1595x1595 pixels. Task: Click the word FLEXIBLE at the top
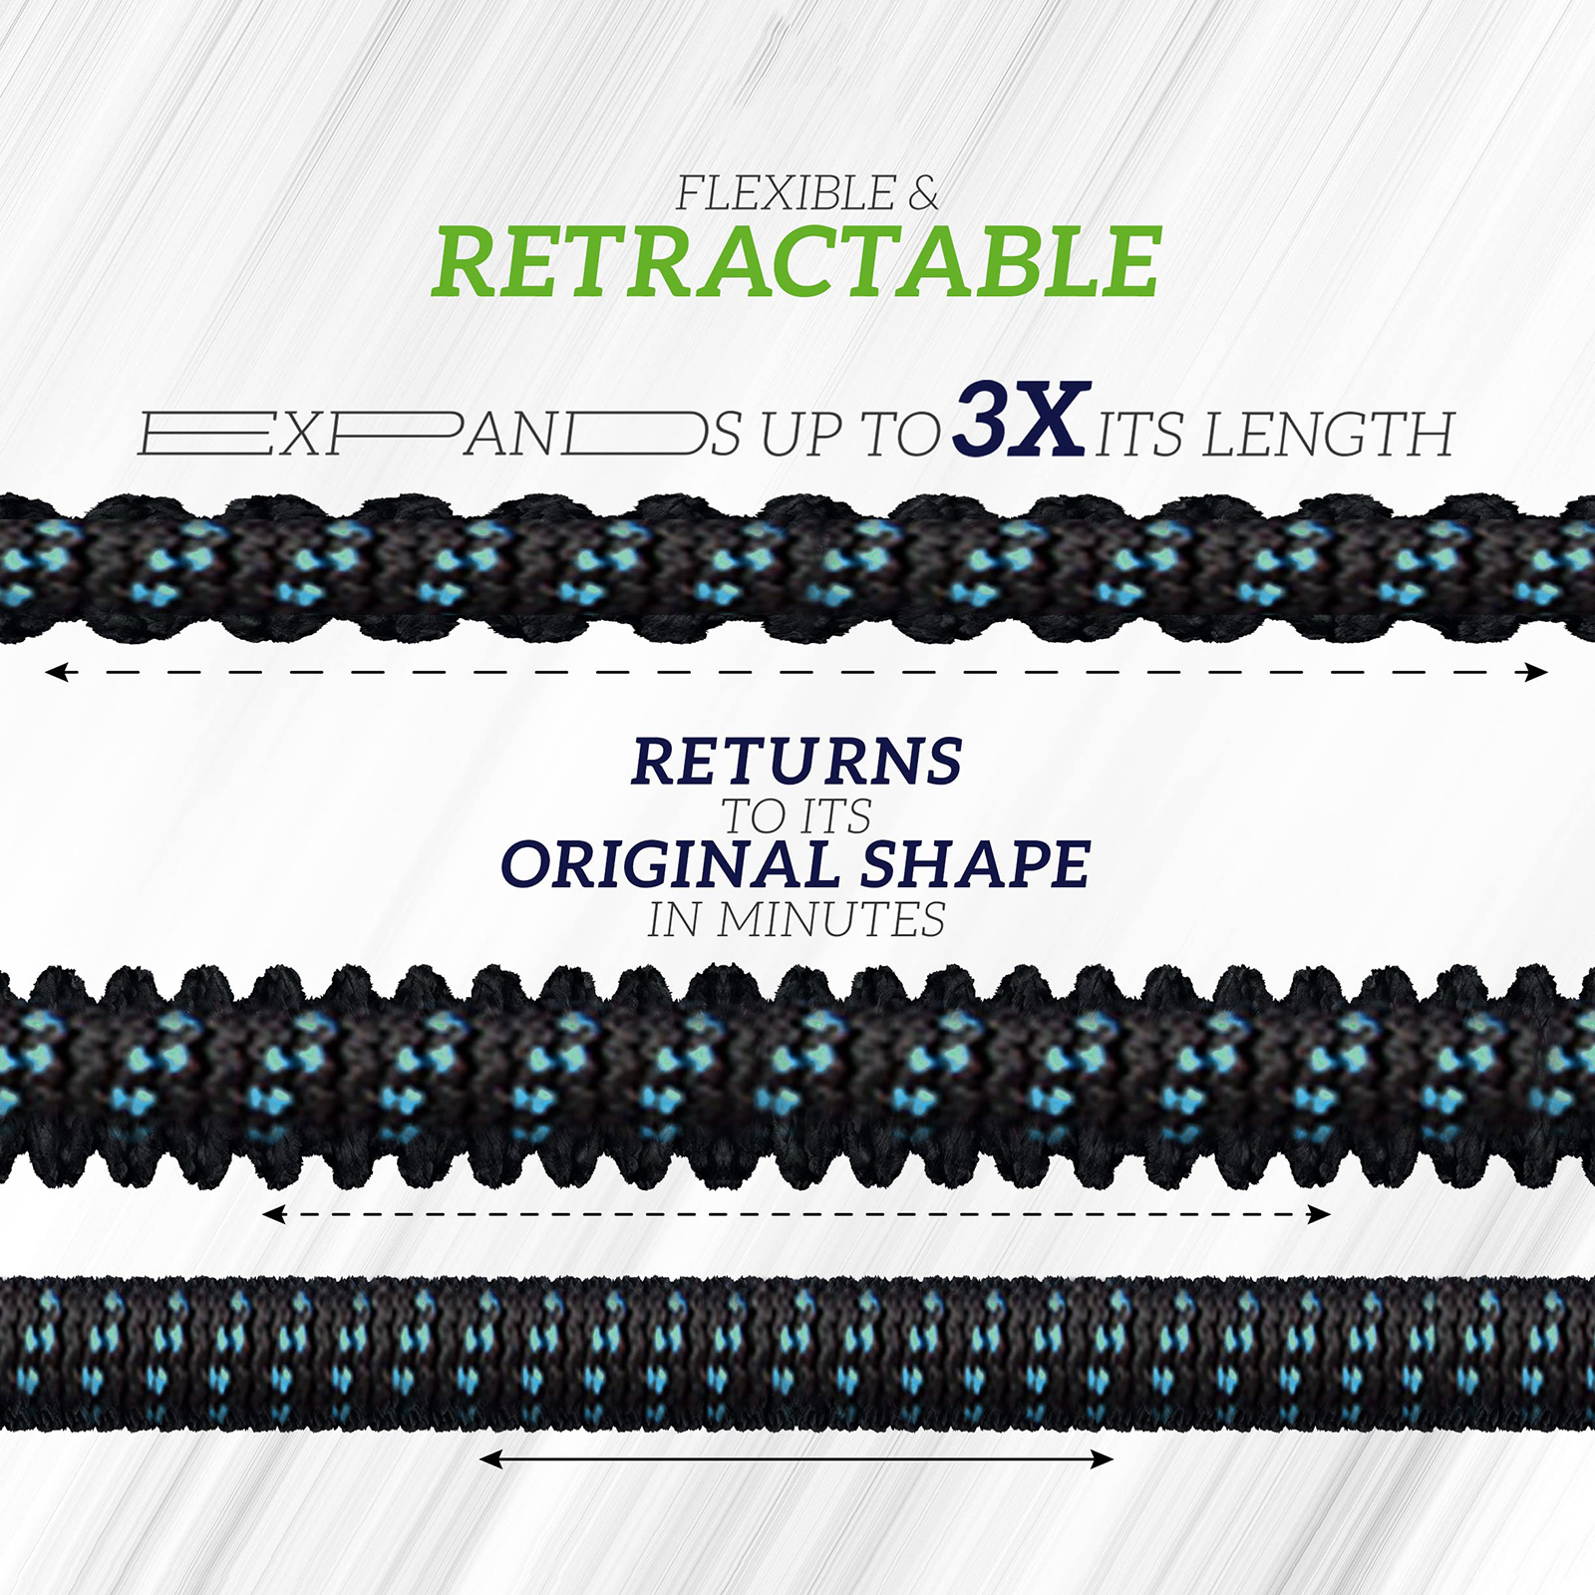click(787, 193)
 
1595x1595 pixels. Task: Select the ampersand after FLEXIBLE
click(924, 193)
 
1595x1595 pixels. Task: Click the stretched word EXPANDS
click(440, 435)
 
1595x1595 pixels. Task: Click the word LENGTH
click(1329, 435)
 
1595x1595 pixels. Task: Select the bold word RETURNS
click(797, 762)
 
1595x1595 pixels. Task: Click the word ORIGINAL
click(670, 863)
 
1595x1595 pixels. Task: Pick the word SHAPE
click(975, 863)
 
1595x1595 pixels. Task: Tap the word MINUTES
click(830, 919)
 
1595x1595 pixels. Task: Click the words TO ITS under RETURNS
click(797, 816)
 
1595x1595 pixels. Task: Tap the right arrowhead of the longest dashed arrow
click(1535, 673)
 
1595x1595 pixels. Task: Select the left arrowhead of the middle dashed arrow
click(274, 1214)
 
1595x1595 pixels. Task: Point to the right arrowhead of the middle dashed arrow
click(1319, 1214)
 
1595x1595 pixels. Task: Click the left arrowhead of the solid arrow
click(492, 1459)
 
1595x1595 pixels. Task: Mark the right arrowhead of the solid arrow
click(1101, 1459)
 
